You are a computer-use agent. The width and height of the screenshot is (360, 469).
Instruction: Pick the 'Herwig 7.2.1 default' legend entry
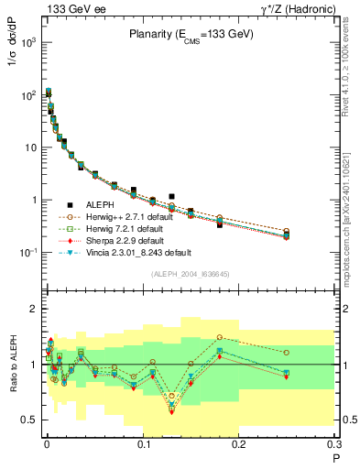(131, 228)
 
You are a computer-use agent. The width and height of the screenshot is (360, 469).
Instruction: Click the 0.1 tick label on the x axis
(143, 445)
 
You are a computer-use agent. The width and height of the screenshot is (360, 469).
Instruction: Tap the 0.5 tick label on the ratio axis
(31, 420)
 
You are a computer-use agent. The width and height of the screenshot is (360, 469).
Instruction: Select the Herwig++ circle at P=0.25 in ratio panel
(287, 353)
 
